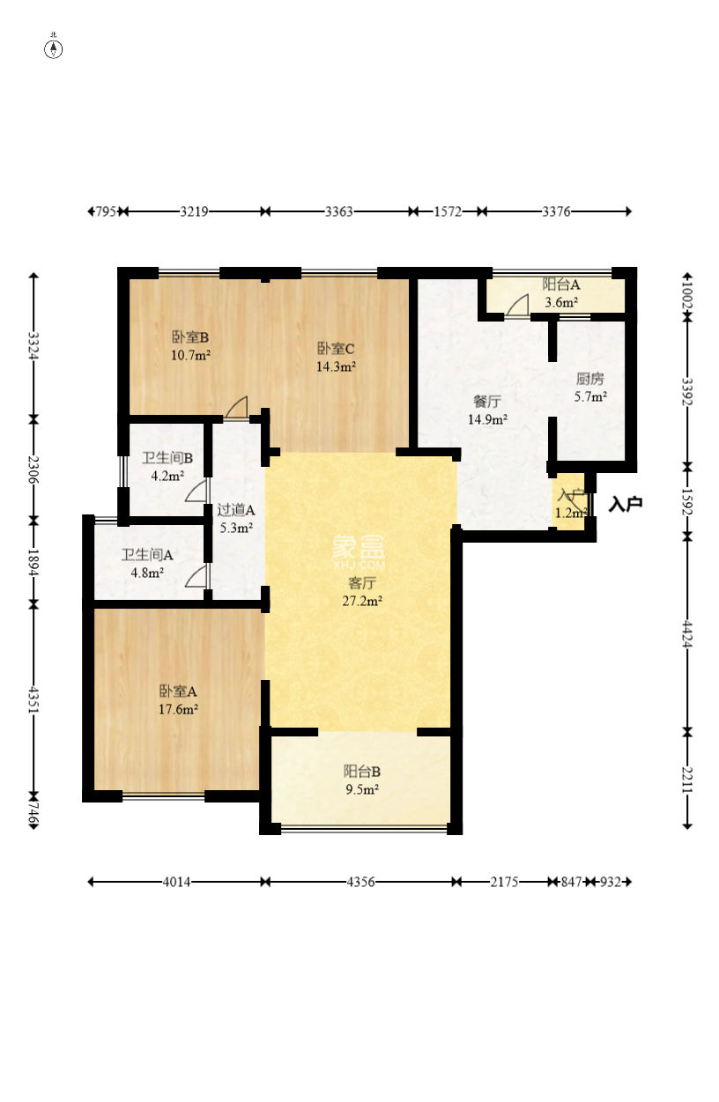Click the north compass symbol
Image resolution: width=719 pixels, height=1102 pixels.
53,48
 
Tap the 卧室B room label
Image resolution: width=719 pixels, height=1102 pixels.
190,337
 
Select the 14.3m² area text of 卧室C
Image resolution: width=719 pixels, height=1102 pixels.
336,366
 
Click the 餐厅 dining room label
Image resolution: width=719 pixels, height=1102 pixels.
486,402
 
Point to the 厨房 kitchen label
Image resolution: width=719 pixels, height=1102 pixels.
589,378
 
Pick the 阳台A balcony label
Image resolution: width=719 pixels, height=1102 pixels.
561,284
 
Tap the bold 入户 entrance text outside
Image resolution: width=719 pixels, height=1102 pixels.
625,504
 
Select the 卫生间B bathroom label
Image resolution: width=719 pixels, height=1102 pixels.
167,457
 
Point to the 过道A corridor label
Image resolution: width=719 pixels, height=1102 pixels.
236,510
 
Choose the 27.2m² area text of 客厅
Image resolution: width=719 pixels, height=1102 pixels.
362,601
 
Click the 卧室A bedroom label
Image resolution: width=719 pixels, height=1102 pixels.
178,692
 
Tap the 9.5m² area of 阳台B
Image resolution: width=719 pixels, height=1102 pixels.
362,789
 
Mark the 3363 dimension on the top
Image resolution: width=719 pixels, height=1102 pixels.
338,211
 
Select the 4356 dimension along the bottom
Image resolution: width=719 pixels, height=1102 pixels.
360,882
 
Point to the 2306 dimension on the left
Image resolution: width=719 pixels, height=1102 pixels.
33,470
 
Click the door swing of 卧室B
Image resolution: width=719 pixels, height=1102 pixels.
237,408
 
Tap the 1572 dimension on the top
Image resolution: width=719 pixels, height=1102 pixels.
448,211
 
